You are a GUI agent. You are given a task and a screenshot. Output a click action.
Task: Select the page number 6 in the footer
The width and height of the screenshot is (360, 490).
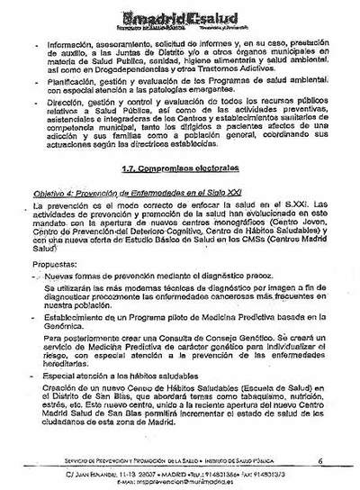(320, 462)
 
